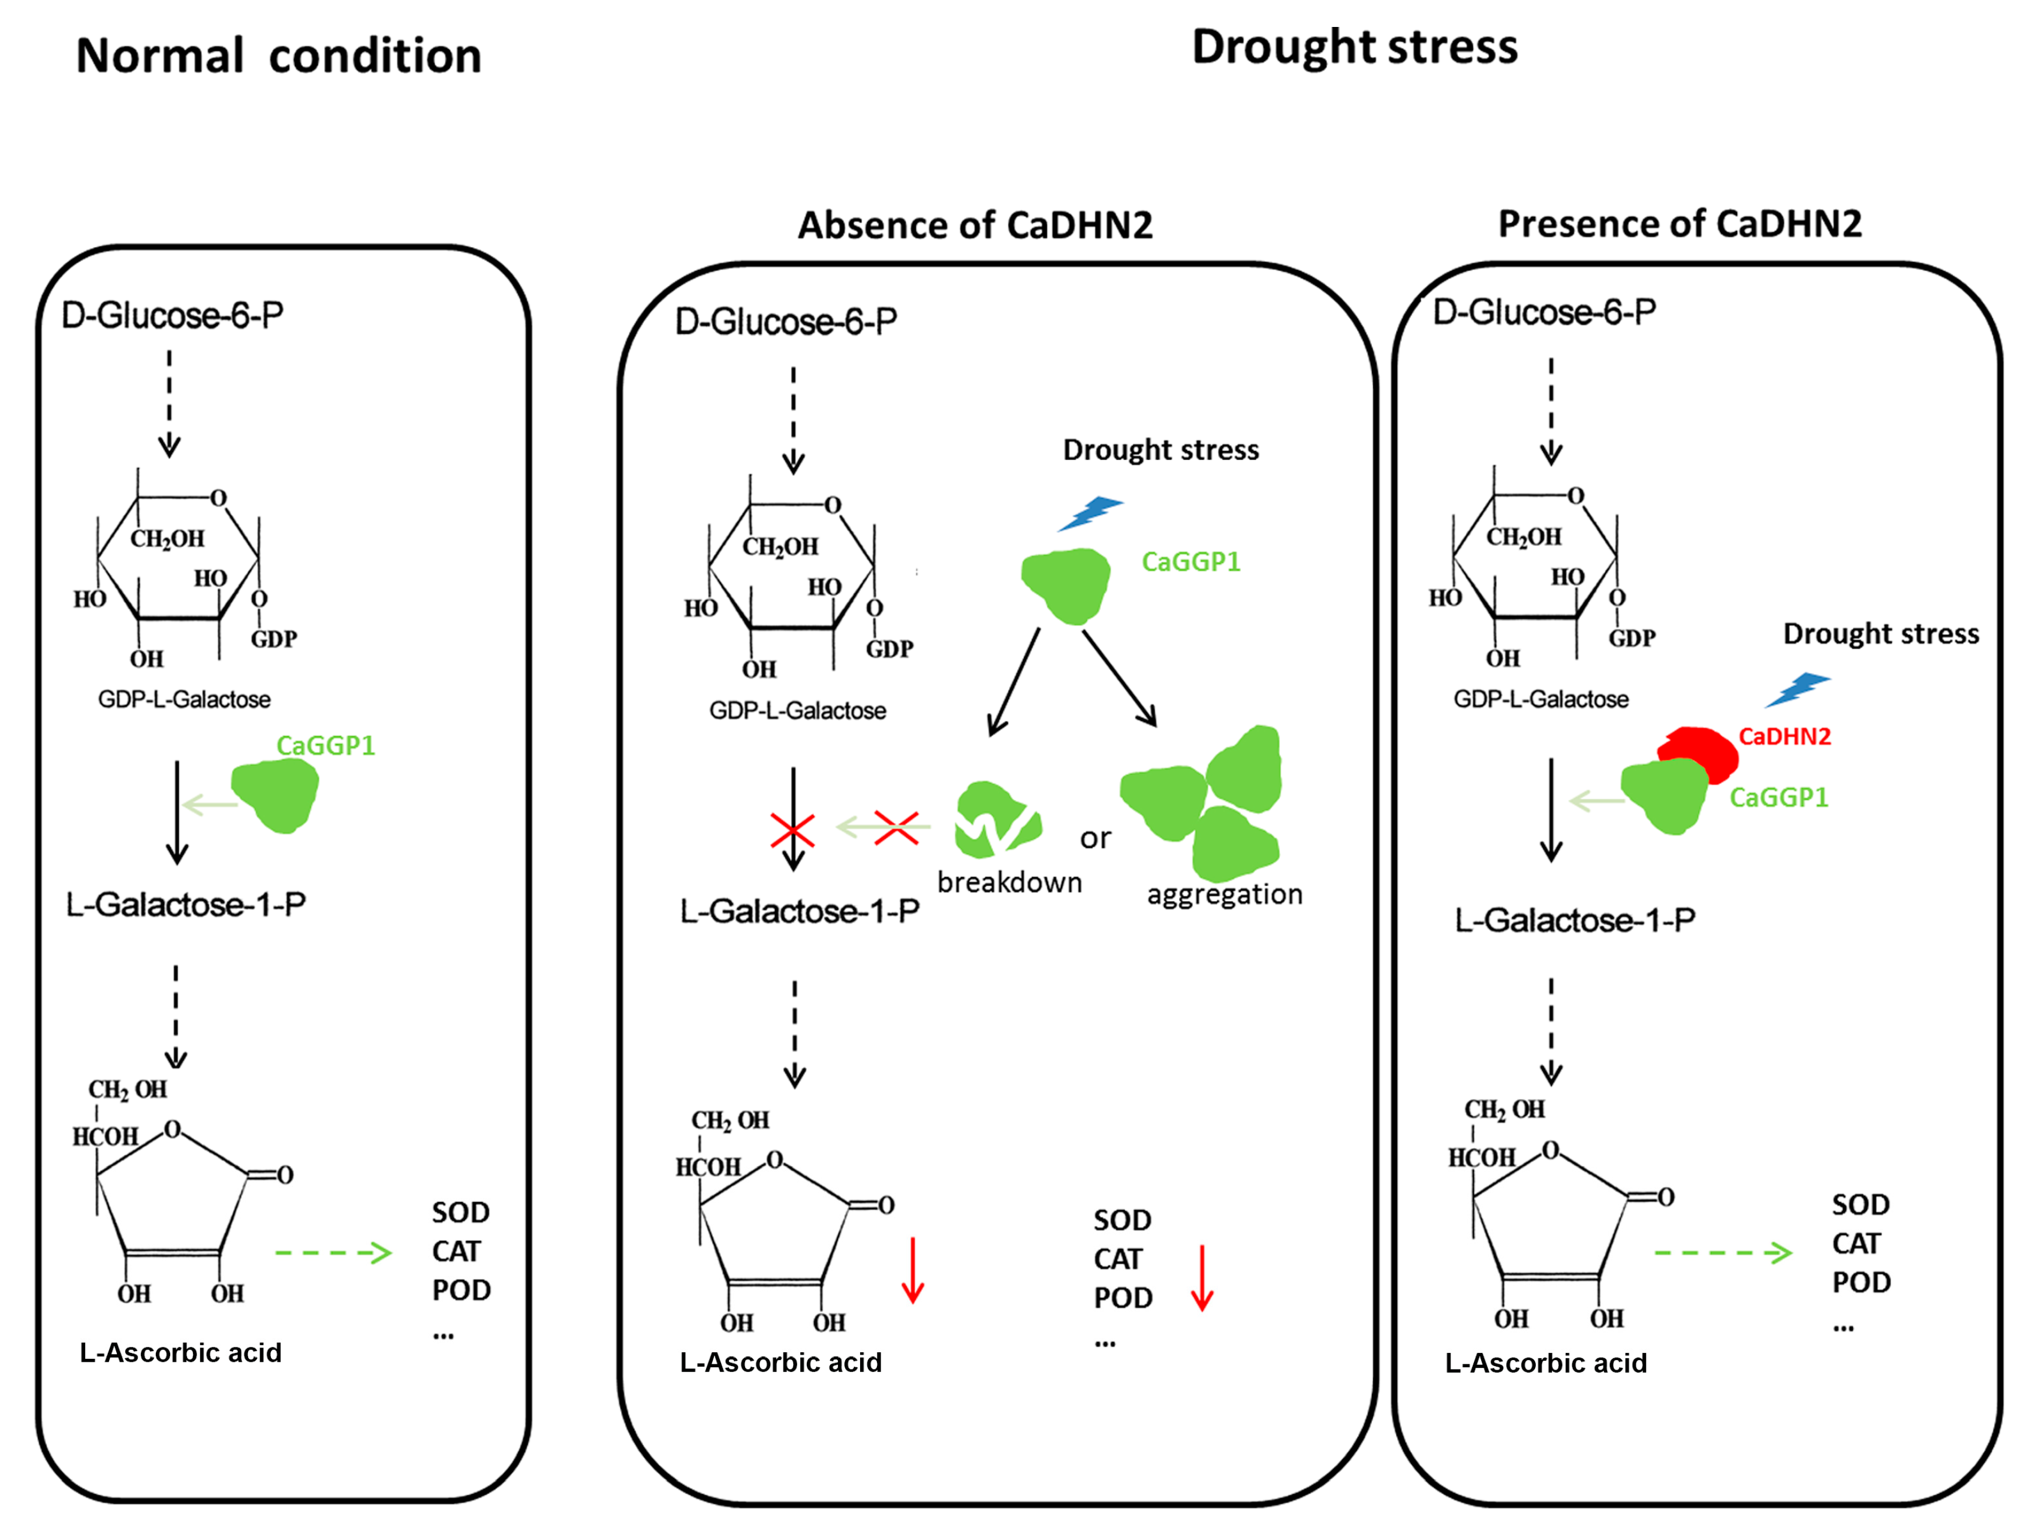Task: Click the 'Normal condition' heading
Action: tap(279, 56)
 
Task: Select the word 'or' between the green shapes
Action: tap(1095, 838)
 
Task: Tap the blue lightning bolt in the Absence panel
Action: tap(1090, 513)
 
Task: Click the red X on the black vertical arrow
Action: tap(792, 830)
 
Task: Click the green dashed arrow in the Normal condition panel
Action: tap(333, 1253)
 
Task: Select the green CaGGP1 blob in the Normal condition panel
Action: tap(275, 796)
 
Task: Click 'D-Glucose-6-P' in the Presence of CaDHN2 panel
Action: tap(1543, 312)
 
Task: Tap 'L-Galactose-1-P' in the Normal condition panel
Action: tap(186, 904)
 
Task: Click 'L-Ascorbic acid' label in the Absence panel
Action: tap(780, 1362)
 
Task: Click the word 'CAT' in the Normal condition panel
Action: tap(456, 1251)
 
